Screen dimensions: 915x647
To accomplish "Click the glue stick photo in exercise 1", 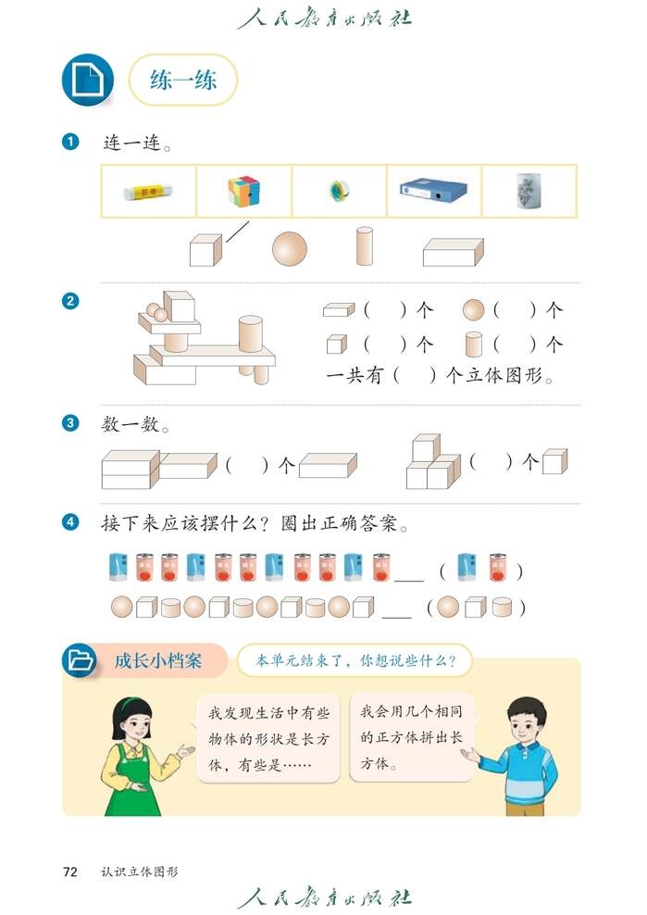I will point(148,192).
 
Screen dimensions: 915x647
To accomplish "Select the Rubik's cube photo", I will point(243,191).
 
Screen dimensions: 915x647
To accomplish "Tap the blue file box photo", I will point(433,191).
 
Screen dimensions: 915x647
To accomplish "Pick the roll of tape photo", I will point(338,192).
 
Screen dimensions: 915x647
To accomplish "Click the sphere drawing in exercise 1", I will point(289,248).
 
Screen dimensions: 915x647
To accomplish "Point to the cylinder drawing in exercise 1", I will point(365,246).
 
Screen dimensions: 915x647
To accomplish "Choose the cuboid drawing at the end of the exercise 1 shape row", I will point(453,251).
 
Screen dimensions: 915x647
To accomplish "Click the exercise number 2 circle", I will point(70,300).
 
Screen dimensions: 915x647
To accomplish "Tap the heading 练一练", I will point(183,80).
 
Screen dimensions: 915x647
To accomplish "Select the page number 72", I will point(70,871).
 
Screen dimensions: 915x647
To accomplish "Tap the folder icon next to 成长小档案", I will point(81,660).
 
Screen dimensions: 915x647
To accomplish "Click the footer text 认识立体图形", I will point(140,871).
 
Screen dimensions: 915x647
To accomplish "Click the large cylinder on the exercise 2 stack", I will point(251,333).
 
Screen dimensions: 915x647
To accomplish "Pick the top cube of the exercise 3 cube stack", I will point(426,447).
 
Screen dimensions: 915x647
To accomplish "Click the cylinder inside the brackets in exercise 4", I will point(503,608).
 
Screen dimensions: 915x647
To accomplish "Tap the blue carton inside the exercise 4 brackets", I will point(467,567).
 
